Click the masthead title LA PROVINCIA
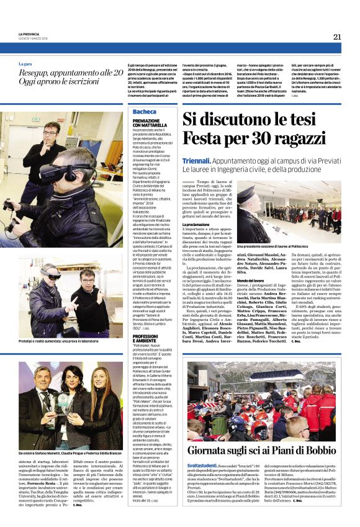(x=30, y=34)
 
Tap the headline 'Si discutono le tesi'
(x=244, y=119)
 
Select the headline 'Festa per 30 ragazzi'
(x=245, y=138)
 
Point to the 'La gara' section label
(x=25, y=64)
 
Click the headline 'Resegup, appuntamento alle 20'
(x=70, y=73)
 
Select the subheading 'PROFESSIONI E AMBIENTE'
(x=148, y=338)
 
